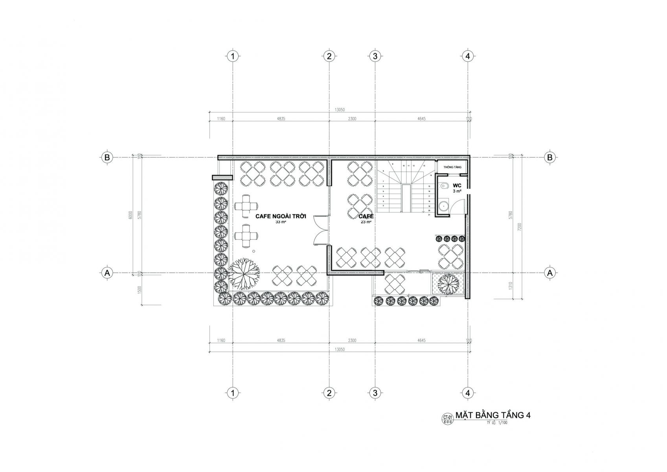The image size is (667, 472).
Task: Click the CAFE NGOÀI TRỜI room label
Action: (280, 216)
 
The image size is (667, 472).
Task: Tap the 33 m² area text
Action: (280, 222)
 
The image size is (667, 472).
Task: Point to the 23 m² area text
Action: (366, 222)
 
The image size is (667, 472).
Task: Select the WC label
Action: (457, 185)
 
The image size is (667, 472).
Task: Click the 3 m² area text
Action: (457, 191)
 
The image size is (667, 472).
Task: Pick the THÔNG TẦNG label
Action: (452, 167)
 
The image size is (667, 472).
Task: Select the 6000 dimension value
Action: (131, 215)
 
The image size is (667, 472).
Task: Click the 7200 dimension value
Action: (519, 227)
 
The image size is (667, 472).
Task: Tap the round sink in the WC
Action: (443, 206)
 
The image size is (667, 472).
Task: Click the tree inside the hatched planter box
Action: (448, 283)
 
